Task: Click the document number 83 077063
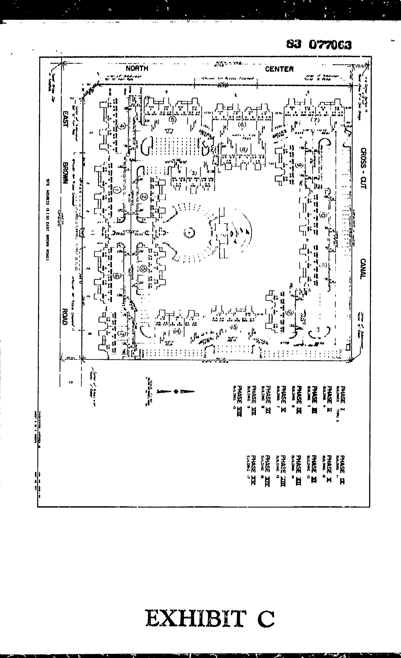coord(319,45)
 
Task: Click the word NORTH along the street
coord(137,68)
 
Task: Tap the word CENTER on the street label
coord(279,69)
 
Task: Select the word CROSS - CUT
coord(363,168)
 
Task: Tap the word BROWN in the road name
coord(65,173)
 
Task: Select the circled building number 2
coord(144,197)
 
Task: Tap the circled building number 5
coord(173,120)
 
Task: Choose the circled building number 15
coord(144,269)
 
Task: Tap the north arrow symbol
coord(176,391)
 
